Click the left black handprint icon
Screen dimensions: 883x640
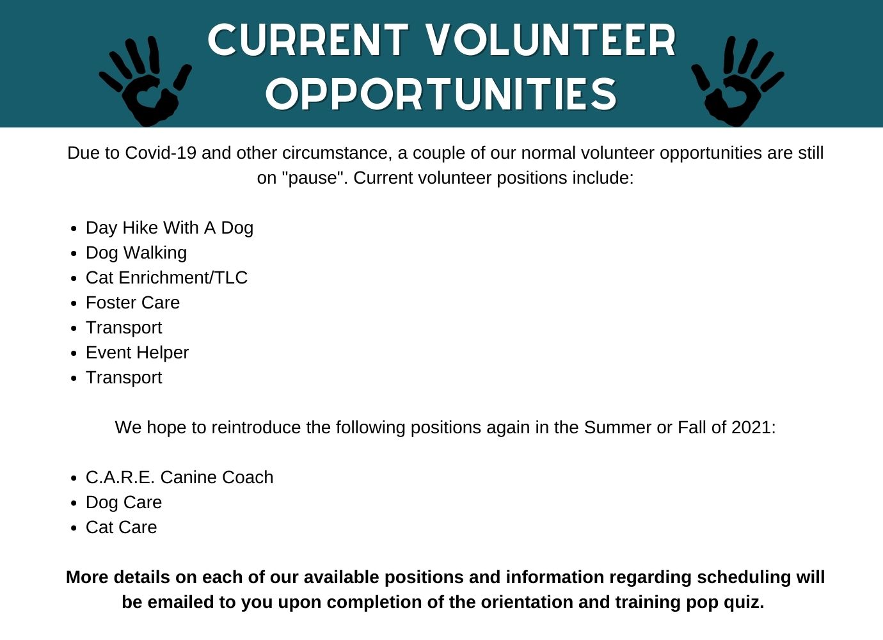click(x=145, y=83)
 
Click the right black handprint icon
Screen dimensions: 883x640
click(x=737, y=83)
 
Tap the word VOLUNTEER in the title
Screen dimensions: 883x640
click(x=552, y=40)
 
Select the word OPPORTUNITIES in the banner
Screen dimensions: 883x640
click(x=441, y=94)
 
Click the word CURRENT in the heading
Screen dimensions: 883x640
click(x=308, y=40)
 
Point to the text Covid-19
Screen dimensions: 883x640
click(x=161, y=153)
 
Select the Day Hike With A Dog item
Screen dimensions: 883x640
click(x=170, y=228)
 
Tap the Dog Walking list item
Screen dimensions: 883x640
click(x=136, y=253)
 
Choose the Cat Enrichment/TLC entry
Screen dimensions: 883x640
click(x=167, y=278)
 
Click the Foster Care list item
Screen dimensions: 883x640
click(x=133, y=303)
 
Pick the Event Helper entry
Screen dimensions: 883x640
click(x=137, y=353)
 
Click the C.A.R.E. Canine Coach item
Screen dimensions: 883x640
click(x=179, y=477)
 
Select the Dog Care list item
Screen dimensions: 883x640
click(x=123, y=502)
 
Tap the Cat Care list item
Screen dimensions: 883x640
click(x=122, y=527)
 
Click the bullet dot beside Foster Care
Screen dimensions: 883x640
click(x=74, y=304)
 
